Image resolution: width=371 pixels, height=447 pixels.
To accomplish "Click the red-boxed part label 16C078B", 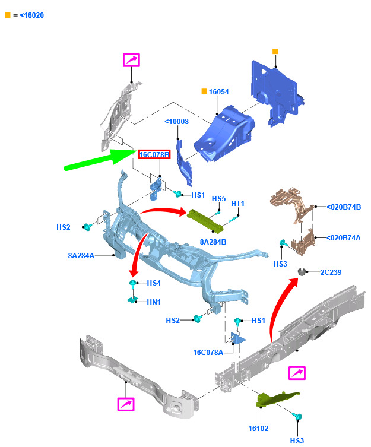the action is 154,154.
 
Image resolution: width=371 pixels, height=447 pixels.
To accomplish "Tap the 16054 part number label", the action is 218,92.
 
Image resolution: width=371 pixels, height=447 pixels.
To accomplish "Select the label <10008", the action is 177,122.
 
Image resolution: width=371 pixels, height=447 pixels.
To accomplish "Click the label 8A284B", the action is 213,242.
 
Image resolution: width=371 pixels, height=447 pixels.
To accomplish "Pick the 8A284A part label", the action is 81,256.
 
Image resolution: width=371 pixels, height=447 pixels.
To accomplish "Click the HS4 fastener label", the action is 154,283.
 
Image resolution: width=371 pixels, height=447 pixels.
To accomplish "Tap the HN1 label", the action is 154,302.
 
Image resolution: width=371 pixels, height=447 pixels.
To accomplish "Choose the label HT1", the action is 237,204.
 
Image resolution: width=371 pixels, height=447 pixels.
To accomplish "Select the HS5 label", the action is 218,199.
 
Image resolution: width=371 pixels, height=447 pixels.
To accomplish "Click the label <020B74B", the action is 344,207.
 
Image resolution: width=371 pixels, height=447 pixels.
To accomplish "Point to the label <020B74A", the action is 344,238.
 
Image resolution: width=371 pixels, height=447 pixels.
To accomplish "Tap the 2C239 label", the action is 331,272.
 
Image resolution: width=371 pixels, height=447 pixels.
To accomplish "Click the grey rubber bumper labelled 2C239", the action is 302,272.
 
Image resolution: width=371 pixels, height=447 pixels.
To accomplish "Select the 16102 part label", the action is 258,429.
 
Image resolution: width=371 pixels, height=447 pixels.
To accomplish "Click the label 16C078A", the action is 208,353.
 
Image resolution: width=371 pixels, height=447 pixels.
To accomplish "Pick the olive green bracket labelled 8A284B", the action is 205,221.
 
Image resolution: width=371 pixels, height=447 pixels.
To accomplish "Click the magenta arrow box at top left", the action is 131,60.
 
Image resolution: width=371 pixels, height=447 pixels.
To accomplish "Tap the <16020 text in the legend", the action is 31,15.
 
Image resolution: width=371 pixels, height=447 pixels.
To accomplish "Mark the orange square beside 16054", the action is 204,91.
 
